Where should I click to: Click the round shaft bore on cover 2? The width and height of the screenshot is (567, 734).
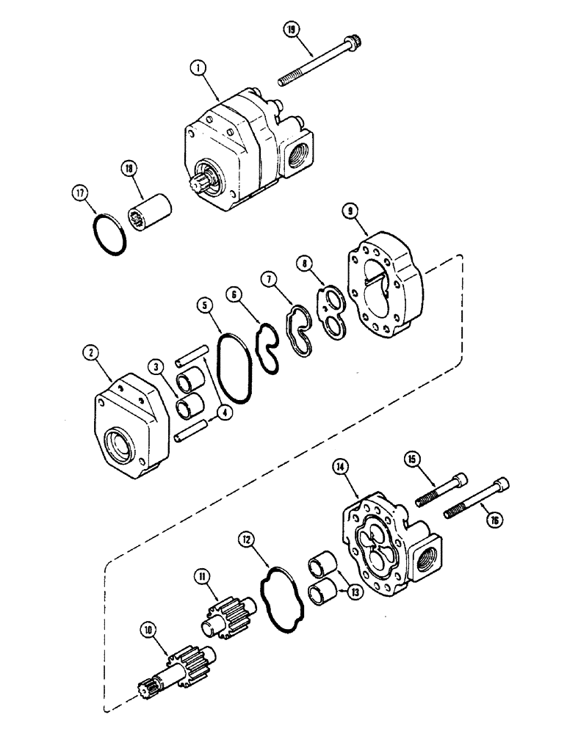pos(120,445)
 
